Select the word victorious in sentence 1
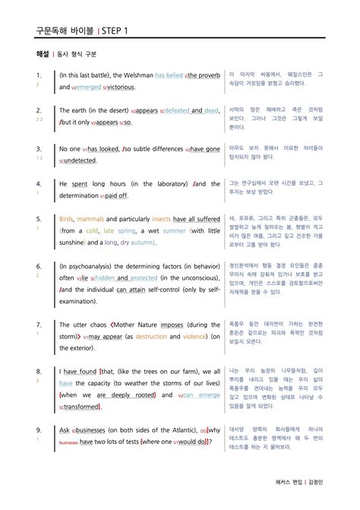point(116,87)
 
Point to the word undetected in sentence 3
point(86,162)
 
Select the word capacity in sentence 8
point(112,384)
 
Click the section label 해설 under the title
point(43,55)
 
